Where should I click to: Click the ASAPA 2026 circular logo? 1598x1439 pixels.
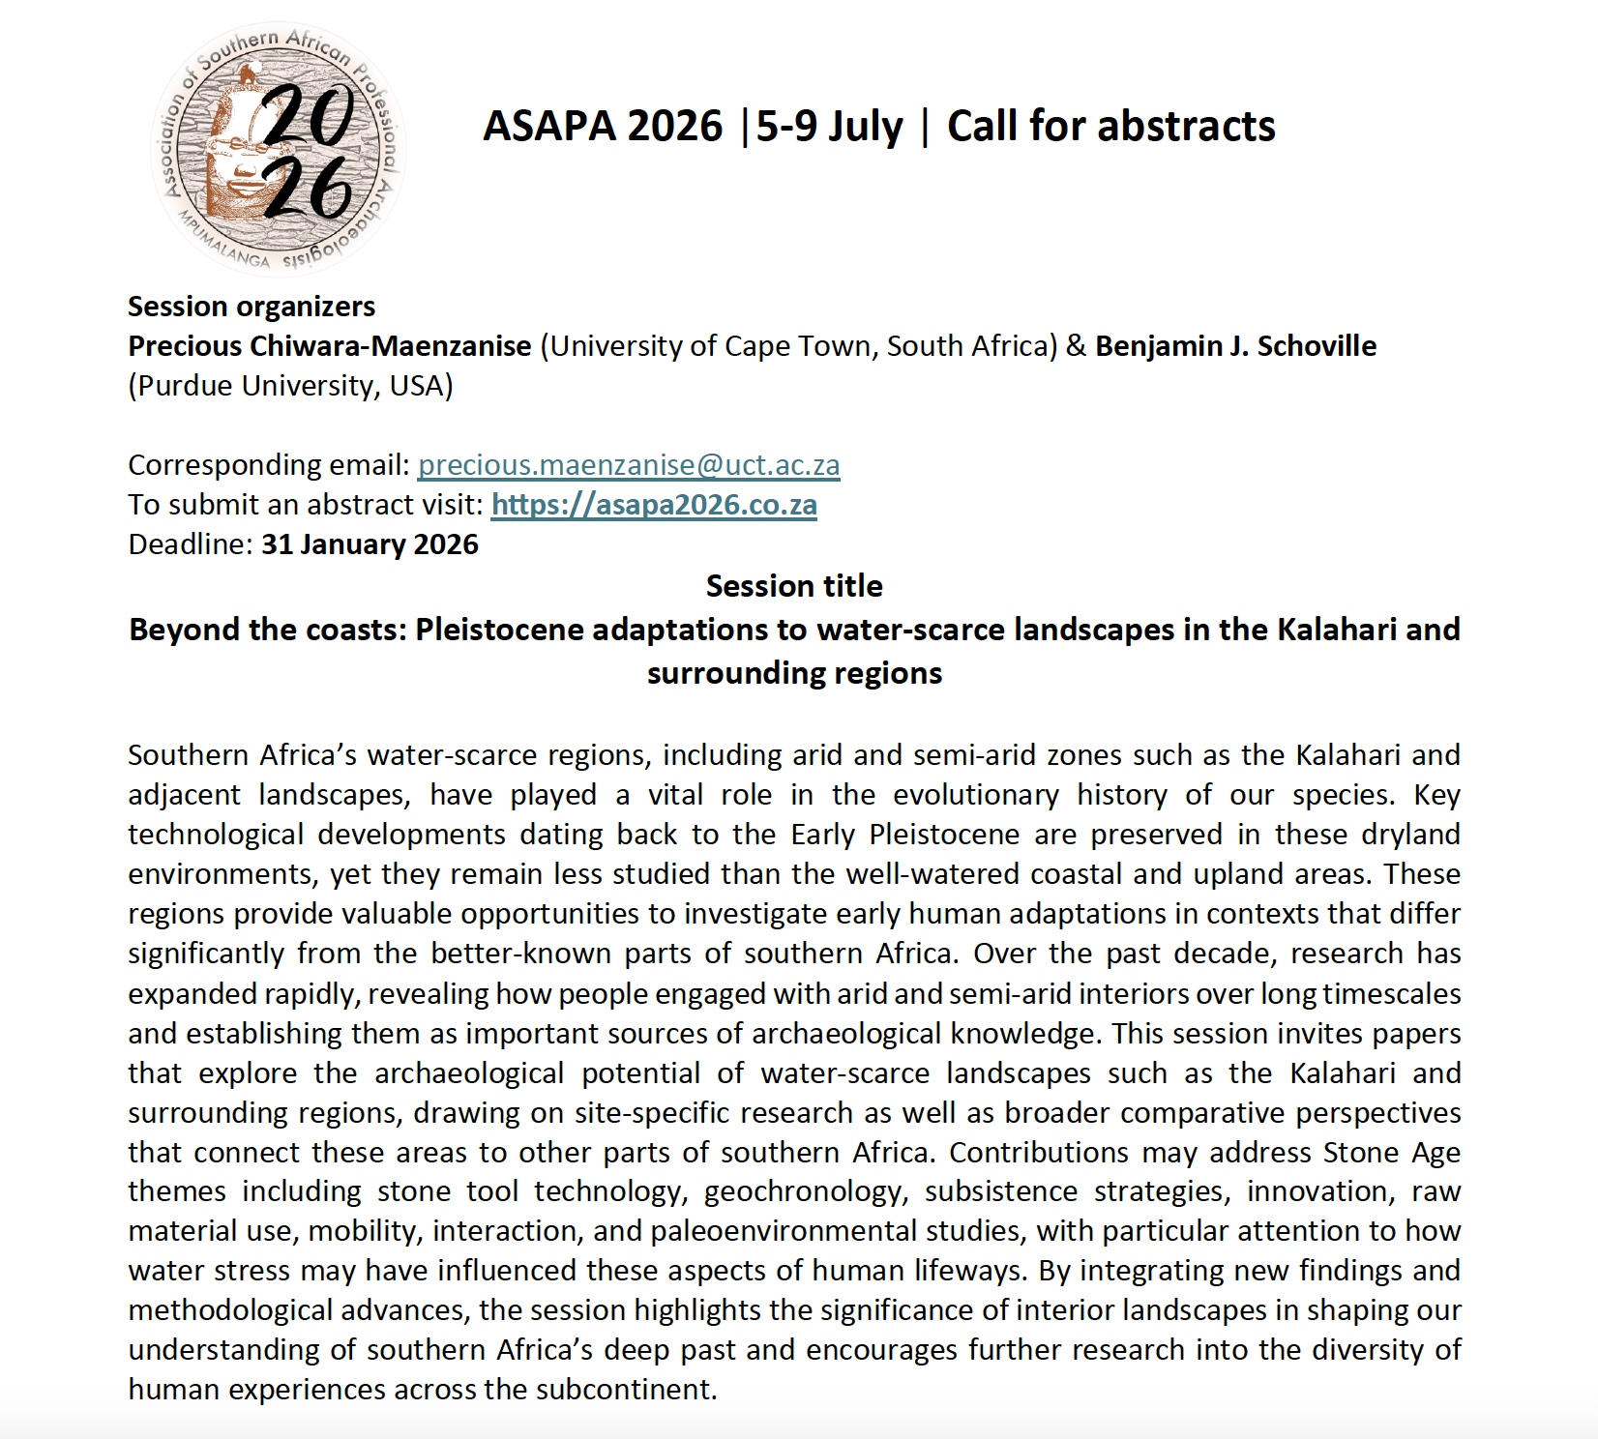tap(278, 148)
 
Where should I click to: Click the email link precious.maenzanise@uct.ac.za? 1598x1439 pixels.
tap(629, 465)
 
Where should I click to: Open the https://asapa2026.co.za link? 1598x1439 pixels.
tap(654, 505)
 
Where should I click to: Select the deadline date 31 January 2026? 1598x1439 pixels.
tap(370, 544)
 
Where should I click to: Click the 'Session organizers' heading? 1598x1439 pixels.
tap(252, 307)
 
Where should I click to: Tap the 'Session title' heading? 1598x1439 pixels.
tap(794, 586)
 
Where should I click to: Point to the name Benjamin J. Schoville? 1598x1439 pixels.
tap(1235, 346)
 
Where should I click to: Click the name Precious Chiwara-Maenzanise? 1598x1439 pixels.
tap(330, 346)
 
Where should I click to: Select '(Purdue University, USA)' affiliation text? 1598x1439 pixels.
tap(290, 386)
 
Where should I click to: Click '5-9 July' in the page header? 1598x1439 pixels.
tap(829, 127)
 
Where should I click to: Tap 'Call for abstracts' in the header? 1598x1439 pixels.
tap(1110, 127)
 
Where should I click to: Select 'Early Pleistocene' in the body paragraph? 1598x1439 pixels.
tap(905, 835)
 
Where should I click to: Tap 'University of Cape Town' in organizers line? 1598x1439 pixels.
tap(710, 346)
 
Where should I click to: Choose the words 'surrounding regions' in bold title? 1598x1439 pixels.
tap(794, 673)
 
